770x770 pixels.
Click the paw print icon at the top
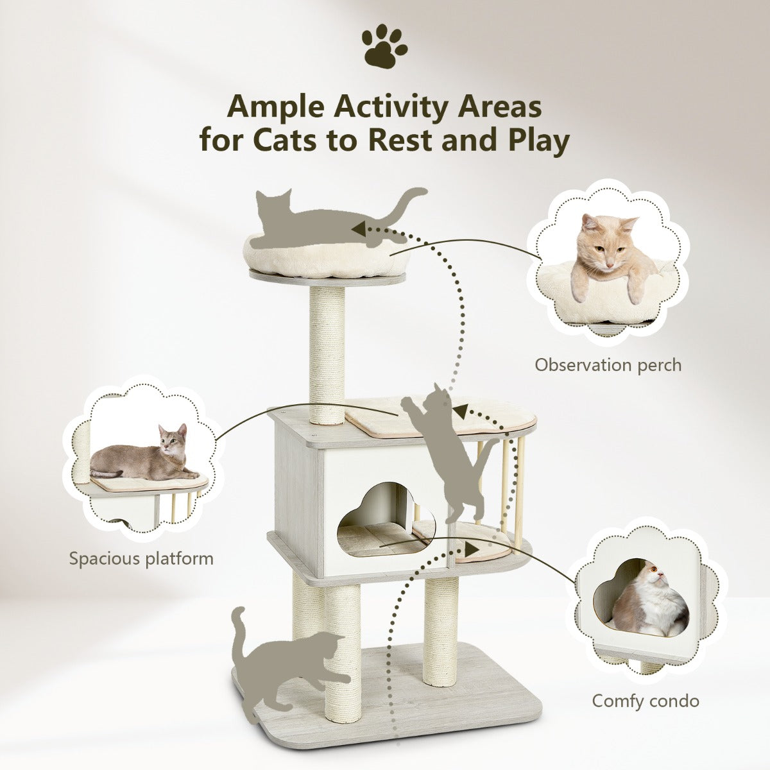(384, 48)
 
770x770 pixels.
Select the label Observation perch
(608, 365)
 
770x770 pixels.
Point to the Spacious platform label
(141, 557)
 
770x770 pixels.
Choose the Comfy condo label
(646, 700)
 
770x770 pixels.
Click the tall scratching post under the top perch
(328, 353)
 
